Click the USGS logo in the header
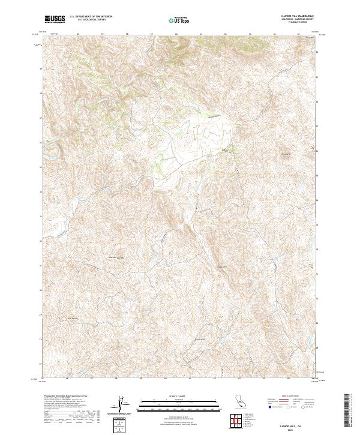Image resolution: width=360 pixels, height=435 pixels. tap(55, 19)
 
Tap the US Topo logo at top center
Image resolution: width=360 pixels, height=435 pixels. tap(178, 20)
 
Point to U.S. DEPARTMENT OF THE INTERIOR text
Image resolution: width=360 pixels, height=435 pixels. tap(91, 17)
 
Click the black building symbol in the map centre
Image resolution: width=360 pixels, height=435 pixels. tap(224, 150)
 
